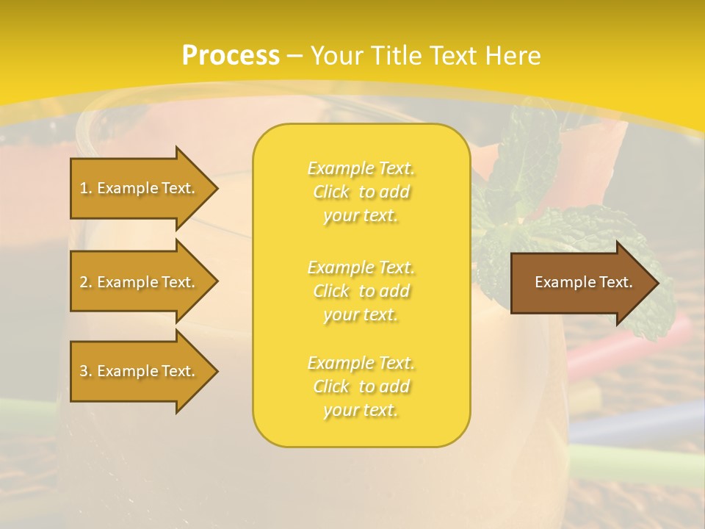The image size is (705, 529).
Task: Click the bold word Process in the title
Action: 231,56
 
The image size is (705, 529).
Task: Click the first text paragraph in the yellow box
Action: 361,192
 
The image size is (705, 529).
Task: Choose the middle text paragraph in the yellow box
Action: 361,291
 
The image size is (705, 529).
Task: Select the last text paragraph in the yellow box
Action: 361,386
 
